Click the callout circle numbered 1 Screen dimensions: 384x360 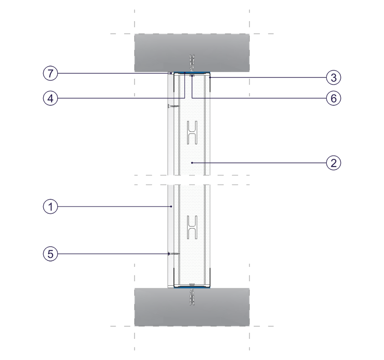50,207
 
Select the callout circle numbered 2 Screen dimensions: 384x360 334,163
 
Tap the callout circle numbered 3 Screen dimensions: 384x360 334,77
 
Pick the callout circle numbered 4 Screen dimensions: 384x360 50,99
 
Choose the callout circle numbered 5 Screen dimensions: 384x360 50,254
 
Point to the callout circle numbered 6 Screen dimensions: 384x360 334,99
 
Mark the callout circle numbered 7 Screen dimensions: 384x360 50,73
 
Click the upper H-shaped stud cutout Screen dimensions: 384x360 192,132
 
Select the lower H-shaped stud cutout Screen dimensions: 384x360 192,227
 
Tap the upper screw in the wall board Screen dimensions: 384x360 174,106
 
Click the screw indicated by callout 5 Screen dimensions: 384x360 174,254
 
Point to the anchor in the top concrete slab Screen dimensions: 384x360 192,63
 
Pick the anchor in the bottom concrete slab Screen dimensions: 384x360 192,297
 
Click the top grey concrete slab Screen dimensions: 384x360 192,53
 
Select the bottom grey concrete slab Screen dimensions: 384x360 192,307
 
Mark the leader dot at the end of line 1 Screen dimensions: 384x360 171,207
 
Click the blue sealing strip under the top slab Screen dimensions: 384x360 192,72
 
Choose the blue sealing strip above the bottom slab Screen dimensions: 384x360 192,287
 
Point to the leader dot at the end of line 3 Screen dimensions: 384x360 210,77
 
